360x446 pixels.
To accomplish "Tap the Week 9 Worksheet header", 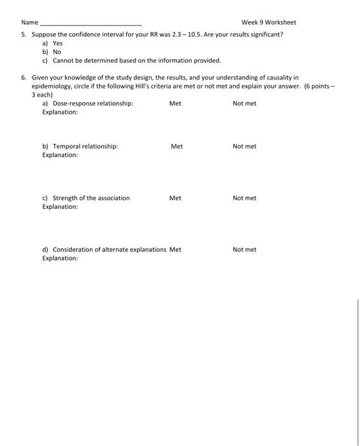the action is (268, 22).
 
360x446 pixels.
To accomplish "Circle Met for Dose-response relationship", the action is (175, 103).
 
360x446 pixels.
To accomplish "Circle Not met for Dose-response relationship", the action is (244, 103).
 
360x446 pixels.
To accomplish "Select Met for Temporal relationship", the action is (176, 147).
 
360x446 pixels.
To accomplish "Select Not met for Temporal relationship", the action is (244, 147).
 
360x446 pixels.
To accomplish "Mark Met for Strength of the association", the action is (175, 198).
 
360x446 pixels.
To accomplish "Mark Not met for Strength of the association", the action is (244, 198).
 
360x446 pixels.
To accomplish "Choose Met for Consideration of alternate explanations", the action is (175, 250).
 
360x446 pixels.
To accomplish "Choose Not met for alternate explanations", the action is (244, 250).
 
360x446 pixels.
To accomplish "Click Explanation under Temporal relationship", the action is (60, 155).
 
